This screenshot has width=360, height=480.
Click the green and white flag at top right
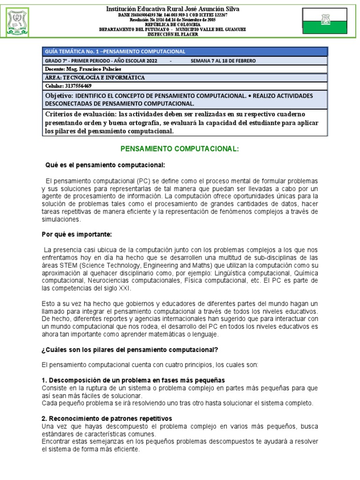[x=326, y=19]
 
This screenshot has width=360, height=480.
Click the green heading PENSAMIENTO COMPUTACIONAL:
[x=180, y=149]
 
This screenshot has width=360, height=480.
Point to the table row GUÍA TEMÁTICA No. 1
[x=115, y=52]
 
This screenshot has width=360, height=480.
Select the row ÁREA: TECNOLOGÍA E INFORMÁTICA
[x=95, y=77]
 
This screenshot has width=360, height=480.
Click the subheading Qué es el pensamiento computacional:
[x=105, y=165]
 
